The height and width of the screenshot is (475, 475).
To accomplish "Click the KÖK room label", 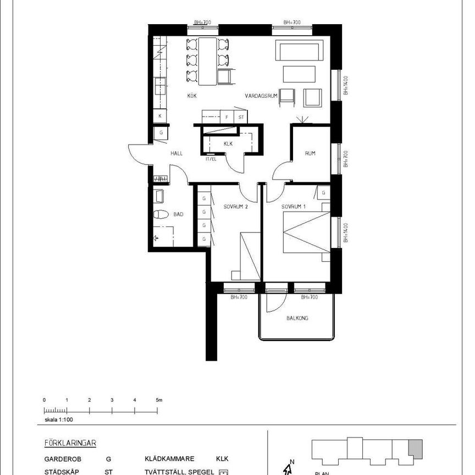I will [192, 96].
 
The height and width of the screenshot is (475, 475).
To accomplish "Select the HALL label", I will [176, 153].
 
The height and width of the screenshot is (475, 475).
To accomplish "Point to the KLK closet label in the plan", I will [229, 143].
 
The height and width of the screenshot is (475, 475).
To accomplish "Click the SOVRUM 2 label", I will [236, 207].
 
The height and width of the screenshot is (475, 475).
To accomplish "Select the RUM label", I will [310, 153].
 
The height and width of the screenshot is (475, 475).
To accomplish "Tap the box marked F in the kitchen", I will [227, 117].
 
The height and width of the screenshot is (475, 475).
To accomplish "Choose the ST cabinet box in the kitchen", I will [241, 117].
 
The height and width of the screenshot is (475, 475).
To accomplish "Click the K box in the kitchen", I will [160, 116].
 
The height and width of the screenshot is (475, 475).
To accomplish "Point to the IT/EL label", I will [211, 159].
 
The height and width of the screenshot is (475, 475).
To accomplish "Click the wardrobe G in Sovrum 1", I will [323, 193].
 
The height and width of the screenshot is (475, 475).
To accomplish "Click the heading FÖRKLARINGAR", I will [71, 443].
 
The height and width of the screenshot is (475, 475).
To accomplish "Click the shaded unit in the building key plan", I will [416, 446].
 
